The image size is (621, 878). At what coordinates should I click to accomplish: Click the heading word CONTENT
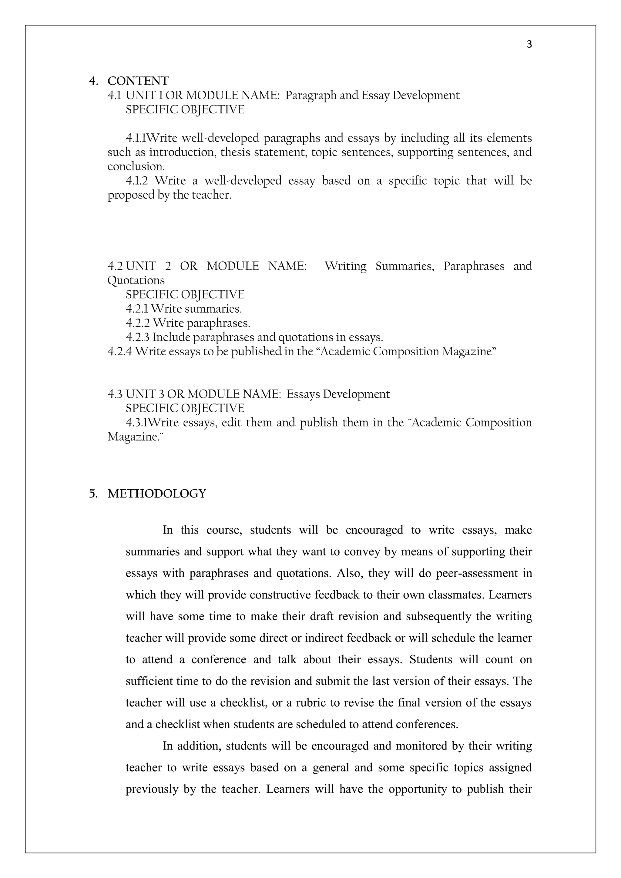click(138, 81)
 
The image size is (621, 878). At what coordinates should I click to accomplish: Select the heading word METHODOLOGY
click(157, 494)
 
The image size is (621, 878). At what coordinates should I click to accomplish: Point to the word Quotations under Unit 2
click(136, 281)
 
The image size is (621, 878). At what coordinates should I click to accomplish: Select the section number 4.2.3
click(137, 337)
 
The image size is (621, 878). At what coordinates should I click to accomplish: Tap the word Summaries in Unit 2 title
click(404, 266)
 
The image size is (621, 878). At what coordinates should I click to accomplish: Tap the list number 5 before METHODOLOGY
click(92, 494)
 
